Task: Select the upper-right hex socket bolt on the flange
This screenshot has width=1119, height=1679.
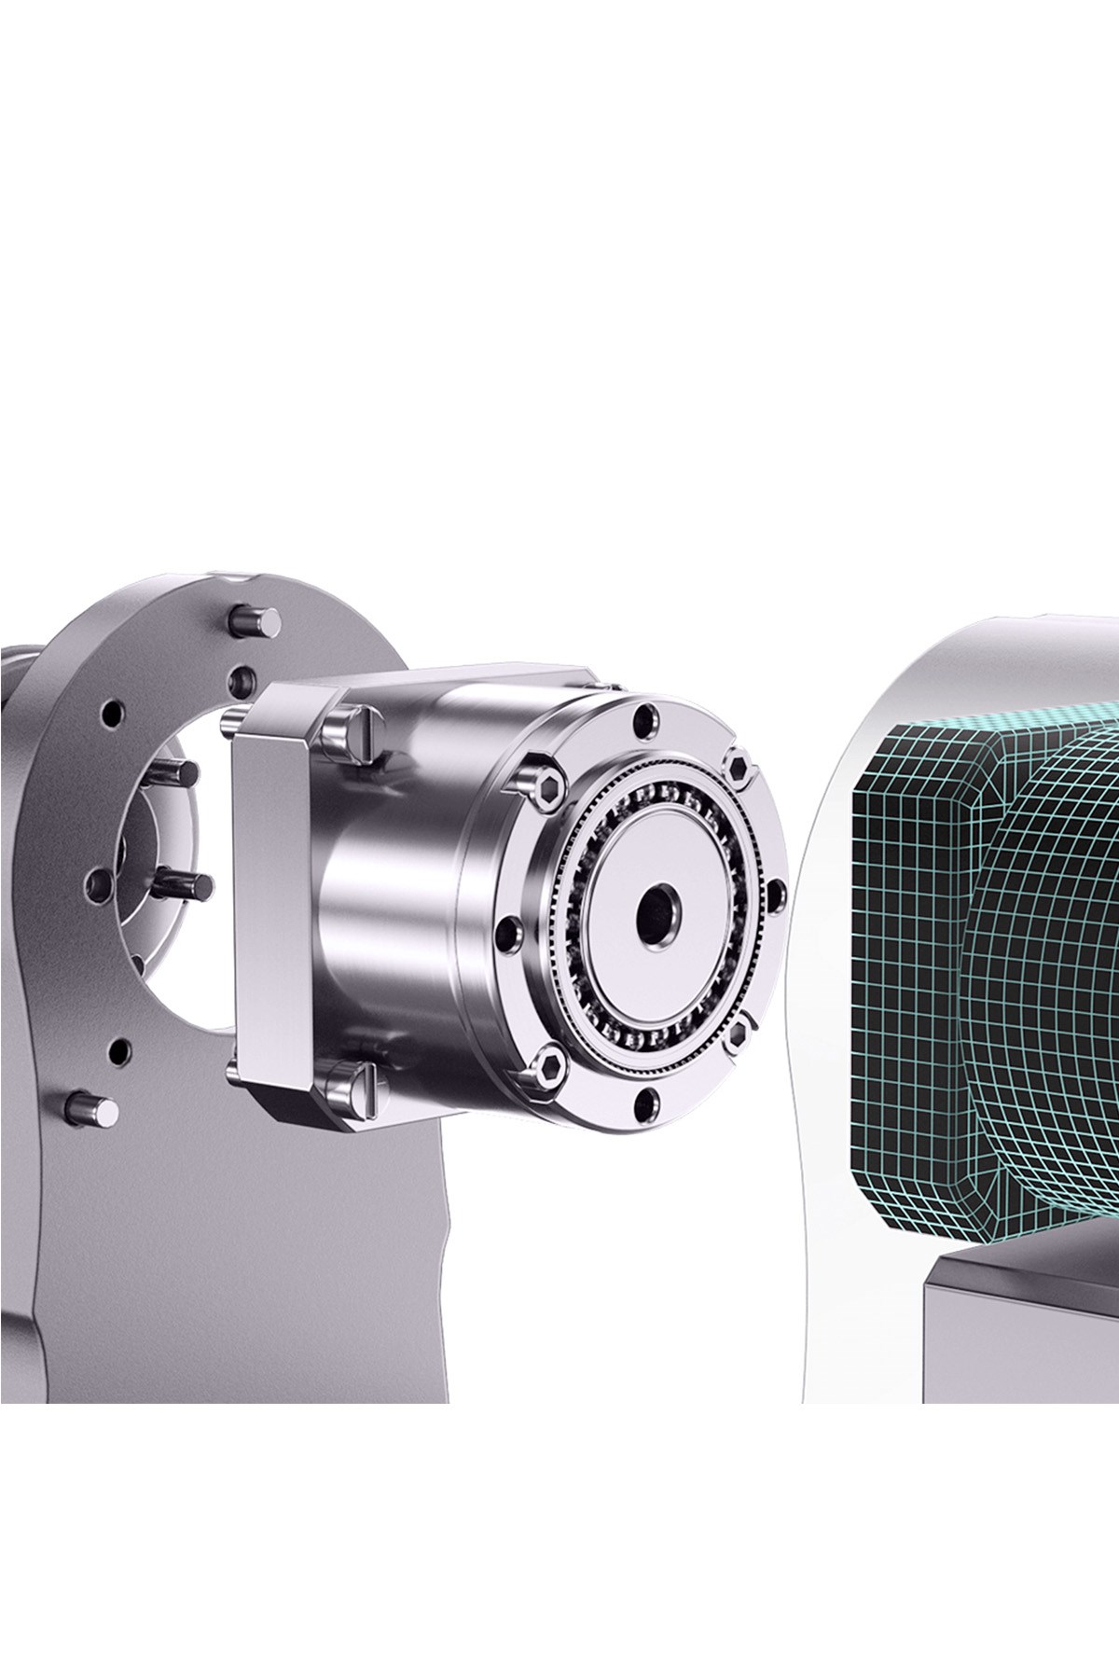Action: [739, 767]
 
